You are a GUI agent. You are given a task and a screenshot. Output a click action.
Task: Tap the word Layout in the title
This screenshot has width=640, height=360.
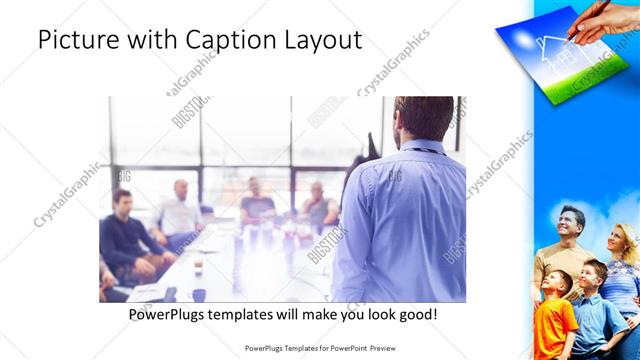[x=323, y=40]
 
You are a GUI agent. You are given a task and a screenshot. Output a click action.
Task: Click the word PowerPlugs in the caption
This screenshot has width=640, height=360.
[x=172, y=315]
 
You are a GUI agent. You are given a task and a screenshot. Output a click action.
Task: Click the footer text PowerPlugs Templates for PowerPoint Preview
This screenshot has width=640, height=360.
[x=319, y=349]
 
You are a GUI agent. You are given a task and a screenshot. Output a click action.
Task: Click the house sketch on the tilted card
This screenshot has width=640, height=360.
[x=551, y=50]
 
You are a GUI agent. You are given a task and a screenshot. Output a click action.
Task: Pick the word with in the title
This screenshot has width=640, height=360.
[x=150, y=40]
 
